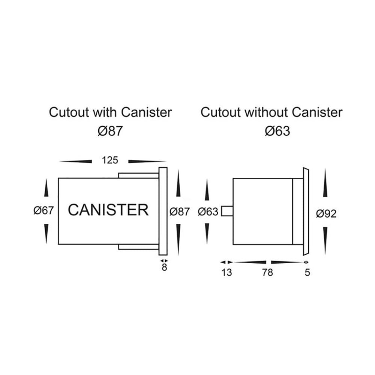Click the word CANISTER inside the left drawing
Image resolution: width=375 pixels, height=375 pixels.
pyautogui.click(x=108, y=210)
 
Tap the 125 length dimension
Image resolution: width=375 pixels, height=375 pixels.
pyautogui.click(x=110, y=160)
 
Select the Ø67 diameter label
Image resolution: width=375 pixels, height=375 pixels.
pyautogui.click(x=45, y=211)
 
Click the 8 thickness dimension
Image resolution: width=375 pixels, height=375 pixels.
pyautogui.click(x=164, y=269)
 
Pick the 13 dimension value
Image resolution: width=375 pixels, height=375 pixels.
pyautogui.click(x=226, y=273)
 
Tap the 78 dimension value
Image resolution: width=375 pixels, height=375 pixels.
pyautogui.click(x=267, y=273)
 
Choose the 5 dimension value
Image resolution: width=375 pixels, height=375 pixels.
pyautogui.click(x=307, y=273)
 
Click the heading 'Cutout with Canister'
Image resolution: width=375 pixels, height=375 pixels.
pyautogui.click(x=110, y=112)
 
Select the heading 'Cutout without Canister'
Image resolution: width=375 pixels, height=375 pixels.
pyautogui.click(x=271, y=112)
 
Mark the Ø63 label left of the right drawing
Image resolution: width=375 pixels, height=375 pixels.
pyautogui.click(x=207, y=212)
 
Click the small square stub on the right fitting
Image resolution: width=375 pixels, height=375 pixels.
pyautogui.click(x=227, y=211)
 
